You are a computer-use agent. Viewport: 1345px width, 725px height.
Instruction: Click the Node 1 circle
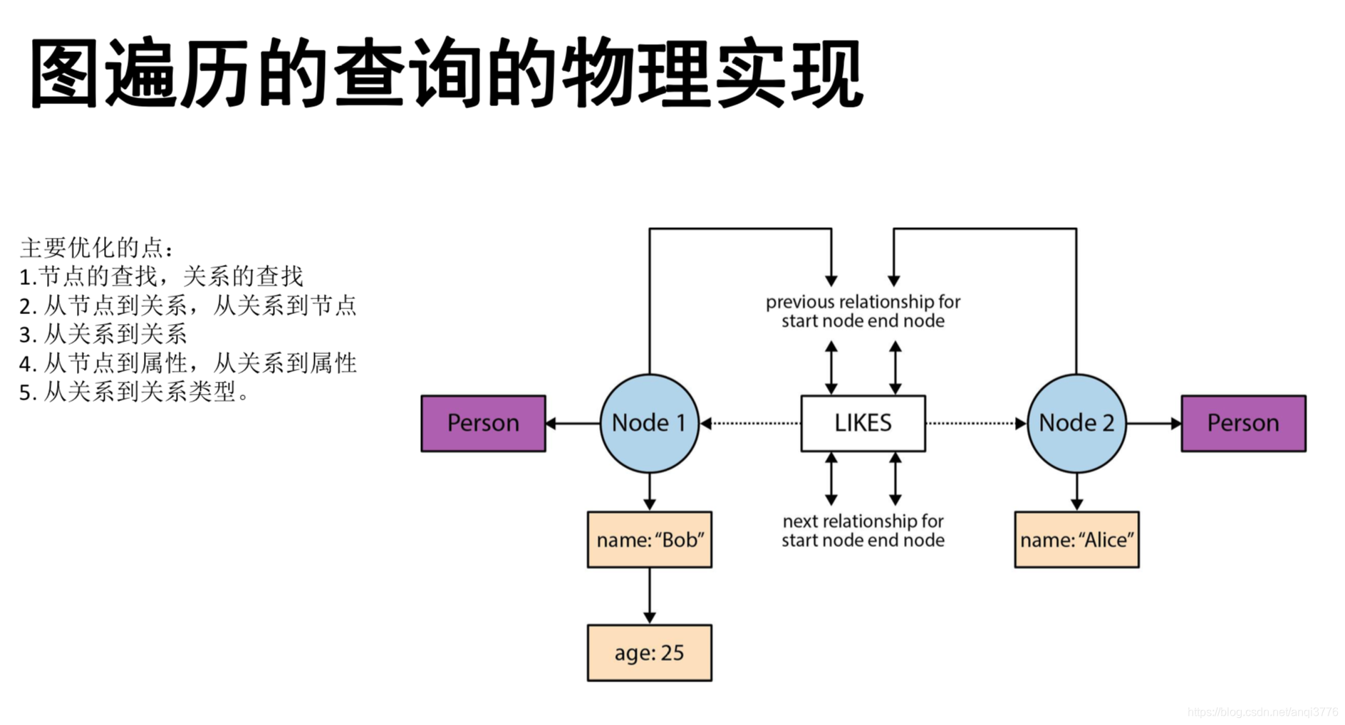[649, 423]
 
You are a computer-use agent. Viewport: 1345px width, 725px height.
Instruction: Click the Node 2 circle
[1076, 423]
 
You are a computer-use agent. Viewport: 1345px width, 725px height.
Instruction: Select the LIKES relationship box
[863, 423]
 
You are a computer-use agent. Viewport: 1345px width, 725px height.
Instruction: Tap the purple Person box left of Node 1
[483, 423]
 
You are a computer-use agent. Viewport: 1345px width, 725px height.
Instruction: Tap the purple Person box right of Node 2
[1243, 423]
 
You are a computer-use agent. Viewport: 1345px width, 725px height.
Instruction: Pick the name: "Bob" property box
[649, 540]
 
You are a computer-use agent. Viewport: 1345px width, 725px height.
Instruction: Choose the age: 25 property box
[649, 653]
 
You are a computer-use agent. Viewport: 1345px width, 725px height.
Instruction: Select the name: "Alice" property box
[1076, 540]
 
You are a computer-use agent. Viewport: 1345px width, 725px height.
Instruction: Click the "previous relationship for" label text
[863, 302]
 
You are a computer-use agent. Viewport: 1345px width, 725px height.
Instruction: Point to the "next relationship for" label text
[863, 521]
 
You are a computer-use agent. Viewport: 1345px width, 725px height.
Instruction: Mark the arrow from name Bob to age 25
[649, 595]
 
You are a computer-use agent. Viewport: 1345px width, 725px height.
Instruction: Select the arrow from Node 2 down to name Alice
[1076, 491]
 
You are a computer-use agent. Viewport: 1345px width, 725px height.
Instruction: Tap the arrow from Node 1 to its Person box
[573, 423]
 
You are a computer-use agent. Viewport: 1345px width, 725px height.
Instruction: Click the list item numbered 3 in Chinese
[103, 334]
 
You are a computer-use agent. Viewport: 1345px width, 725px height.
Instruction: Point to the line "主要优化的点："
[97, 248]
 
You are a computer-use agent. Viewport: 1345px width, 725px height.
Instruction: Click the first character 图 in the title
[64, 74]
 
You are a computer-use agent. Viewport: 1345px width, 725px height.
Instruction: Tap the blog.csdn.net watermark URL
[1262, 711]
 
